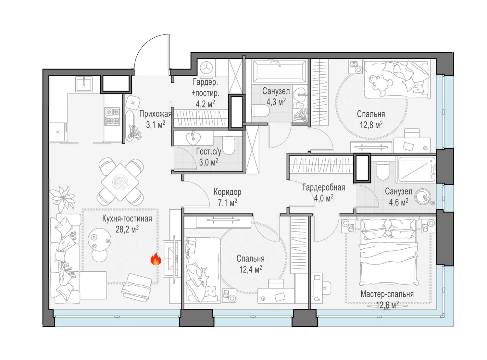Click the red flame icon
pos(156,259)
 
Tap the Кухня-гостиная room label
pos(127,219)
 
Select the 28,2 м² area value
pos(127,230)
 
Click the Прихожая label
pos(156,114)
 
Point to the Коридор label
pos(228,192)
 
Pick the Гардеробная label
pos(324,188)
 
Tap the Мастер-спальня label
pos(387,294)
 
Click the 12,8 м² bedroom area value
pos(371,125)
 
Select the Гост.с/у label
pos(208,152)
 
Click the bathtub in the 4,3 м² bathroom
pos(279,71)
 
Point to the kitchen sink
pos(84,84)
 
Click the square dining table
pos(120,182)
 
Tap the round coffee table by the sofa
pos(99,240)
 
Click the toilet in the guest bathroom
pos(228,145)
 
